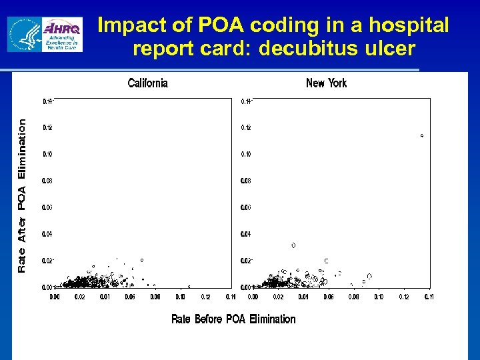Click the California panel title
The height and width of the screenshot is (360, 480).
[x=147, y=83]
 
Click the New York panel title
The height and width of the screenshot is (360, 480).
[x=326, y=83]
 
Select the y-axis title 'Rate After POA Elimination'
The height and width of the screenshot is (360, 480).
[x=22, y=195]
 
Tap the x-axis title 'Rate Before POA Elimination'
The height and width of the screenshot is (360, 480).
[x=233, y=319]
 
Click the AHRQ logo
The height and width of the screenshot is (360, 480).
[x=62, y=35]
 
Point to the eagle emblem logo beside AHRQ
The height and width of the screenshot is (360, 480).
[x=24, y=35]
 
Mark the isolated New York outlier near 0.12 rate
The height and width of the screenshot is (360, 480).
[x=422, y=135]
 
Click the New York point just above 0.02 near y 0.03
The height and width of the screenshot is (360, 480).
[x=293, y=245]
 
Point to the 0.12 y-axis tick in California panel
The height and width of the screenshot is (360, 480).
[x=47, y=127]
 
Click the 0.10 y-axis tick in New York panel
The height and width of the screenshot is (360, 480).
[x=246, y=154]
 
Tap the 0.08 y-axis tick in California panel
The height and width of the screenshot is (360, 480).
[x=47, y=181]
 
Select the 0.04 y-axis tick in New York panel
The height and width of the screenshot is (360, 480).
[x=246, y=234]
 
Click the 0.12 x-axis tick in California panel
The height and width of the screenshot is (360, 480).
[x=205, y=297]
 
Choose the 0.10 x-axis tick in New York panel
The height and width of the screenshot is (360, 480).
[x=378, y=297]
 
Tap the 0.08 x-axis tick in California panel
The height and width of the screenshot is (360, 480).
[x=155, y=297]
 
